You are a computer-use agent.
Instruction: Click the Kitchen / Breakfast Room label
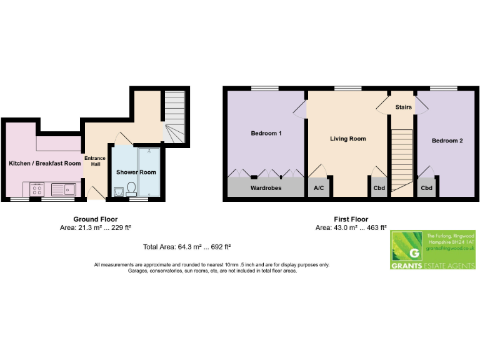click(x=44, y=163)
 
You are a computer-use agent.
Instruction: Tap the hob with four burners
click(x=36, y=188)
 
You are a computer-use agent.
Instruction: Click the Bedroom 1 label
click(x=266, y=134)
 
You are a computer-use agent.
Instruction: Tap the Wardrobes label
click(x=266, y=187)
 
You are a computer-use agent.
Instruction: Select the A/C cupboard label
click(x=317, y=187)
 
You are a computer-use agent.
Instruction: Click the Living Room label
click(x=348, y=139)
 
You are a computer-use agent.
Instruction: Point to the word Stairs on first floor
click(x=403, y=107)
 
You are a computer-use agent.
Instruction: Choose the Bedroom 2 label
click(x=447, y=141)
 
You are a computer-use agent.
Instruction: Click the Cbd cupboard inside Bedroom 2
click(x=426, y=187)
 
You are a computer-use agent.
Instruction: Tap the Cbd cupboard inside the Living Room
click(x=379, y=187)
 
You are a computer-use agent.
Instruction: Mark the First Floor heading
click(x=351, y=219)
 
